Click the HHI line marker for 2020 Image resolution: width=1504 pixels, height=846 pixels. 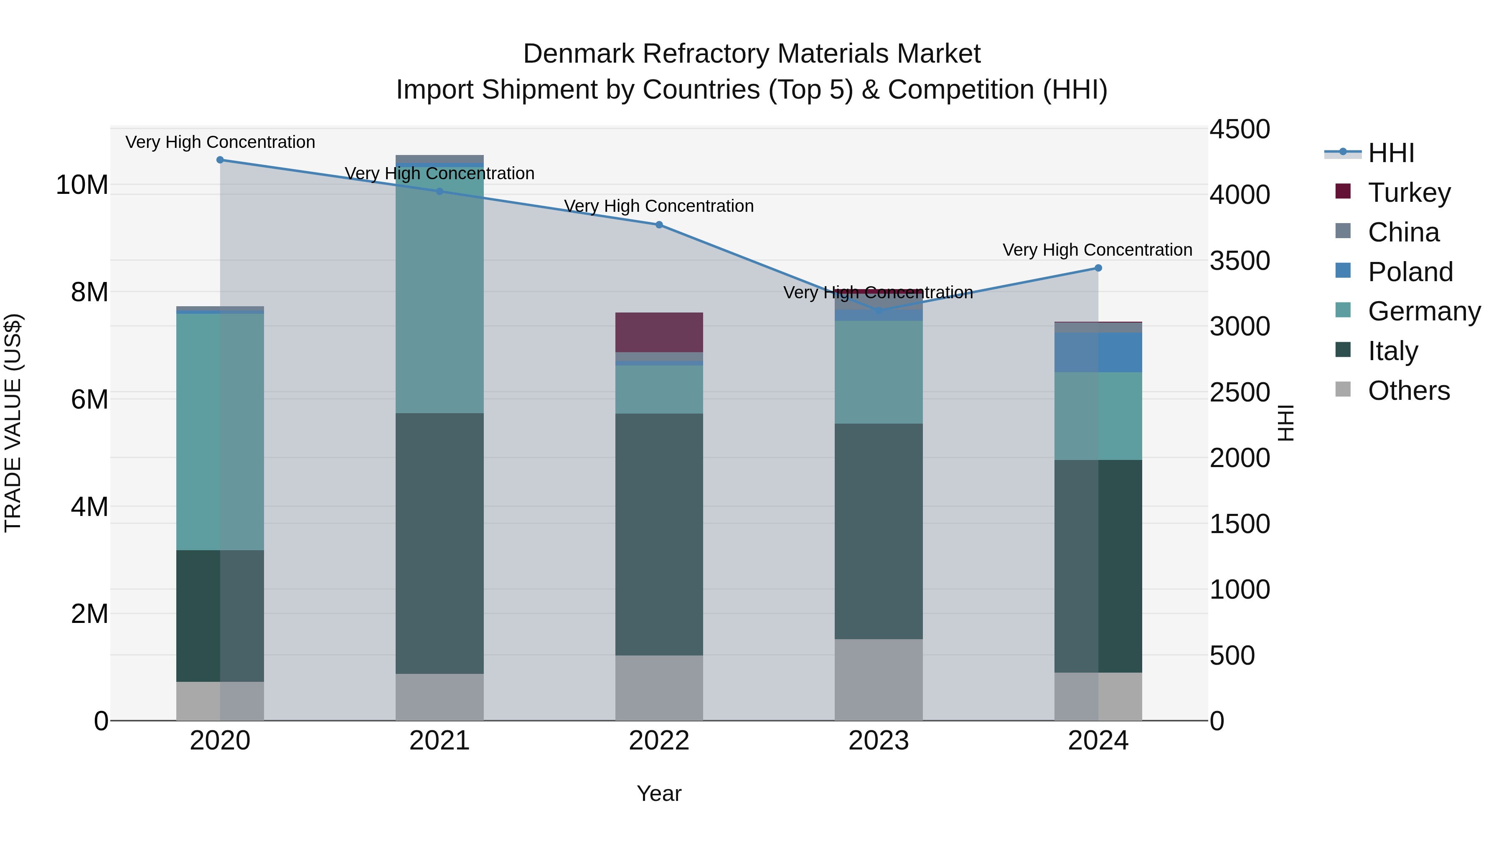[220, 160]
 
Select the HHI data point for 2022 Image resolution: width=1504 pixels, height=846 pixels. [659, 225]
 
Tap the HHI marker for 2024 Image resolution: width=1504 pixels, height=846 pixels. [1098, 268]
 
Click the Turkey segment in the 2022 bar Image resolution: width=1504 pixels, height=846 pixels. [659, 332]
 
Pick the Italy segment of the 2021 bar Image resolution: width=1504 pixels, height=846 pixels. [440, 543]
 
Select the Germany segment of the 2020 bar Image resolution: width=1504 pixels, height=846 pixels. [220, 432]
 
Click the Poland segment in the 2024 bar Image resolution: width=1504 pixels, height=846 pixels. [1098, 352]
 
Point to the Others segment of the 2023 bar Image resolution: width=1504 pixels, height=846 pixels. [879, 680]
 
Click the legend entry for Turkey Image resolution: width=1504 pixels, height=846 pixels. [1409, 193]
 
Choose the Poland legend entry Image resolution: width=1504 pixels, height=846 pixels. [1410, 272]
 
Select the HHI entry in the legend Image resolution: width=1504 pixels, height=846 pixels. [1391, 153]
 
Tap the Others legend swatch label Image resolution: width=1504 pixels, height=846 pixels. [1408, 391]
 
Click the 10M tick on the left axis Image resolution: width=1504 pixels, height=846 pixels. [82, 185]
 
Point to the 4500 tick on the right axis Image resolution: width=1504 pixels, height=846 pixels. [1239, 129]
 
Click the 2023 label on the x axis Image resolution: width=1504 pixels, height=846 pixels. [879, 741]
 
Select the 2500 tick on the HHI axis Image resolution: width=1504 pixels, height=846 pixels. [1239, 392]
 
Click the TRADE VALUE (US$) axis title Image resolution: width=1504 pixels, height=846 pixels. [13, 423]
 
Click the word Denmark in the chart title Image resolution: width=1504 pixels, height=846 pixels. [578, 54]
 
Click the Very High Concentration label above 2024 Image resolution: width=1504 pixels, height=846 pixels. [1097, 250]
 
